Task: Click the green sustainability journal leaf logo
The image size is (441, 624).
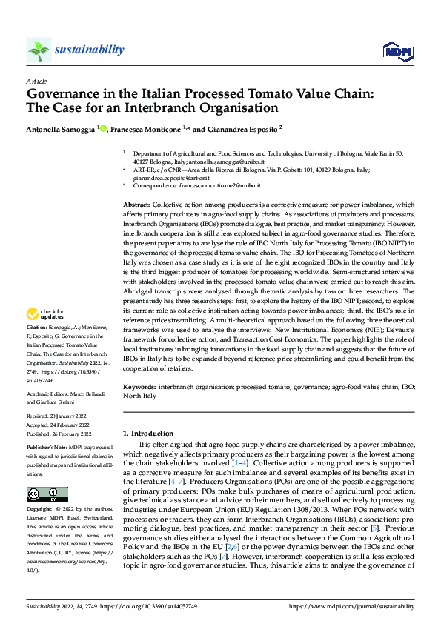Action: pos(39,50)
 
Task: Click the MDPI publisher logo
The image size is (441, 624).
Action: pos(397,50)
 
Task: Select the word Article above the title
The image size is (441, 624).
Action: pos(36,81)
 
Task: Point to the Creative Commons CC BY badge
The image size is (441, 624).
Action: pos(47,494)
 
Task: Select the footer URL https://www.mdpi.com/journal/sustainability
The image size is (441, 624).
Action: pos(351,606)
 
